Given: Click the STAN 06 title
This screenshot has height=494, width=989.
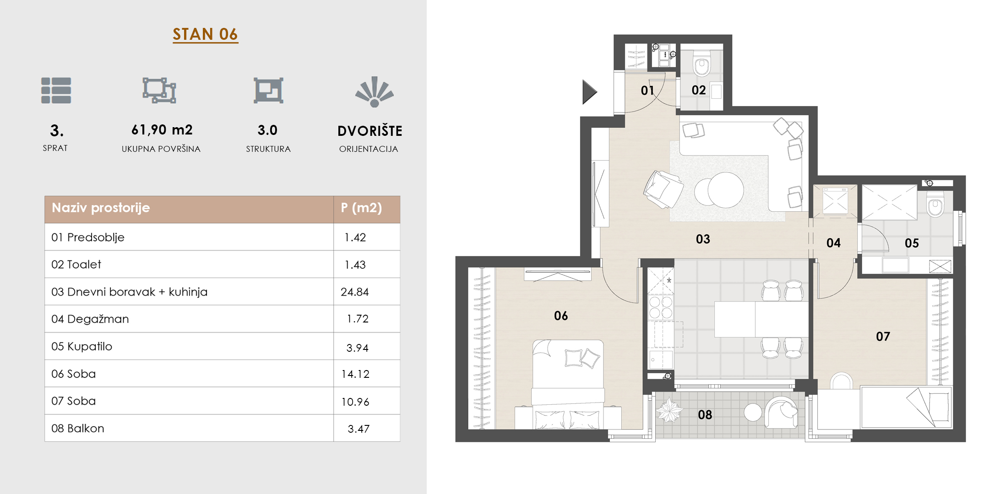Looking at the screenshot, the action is (x=205, y=34).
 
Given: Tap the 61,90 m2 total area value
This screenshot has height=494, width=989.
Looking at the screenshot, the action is (x=162, y=130).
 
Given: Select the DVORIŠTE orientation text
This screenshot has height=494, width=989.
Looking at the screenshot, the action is (x=370, y=131).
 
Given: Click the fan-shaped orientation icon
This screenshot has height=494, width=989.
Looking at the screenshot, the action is (x=375, y=91).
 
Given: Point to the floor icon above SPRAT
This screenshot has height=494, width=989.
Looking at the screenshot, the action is (x=56, y=91).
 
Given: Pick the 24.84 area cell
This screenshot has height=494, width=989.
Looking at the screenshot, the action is (x=354, y=292).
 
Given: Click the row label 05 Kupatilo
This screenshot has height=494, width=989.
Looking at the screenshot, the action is (x=82, y=346).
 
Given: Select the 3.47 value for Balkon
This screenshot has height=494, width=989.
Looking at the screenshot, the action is (x=359, y=429).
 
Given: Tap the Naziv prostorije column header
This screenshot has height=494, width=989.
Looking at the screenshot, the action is (x=101, y=208).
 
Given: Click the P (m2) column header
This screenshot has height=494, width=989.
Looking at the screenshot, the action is (x=361, y=208).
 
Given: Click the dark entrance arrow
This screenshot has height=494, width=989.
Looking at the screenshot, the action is (x=590, y=92).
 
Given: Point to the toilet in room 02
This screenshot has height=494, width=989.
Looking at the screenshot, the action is (x=701, y=63).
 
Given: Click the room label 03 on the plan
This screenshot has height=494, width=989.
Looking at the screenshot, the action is (x=703, y=239).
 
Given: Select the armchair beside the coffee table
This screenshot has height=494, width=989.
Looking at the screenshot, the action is (x=663, y=189).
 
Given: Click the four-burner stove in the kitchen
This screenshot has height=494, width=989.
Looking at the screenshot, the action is (x=661, y=307).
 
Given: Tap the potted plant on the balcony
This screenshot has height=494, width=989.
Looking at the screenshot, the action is (x=669, y=410).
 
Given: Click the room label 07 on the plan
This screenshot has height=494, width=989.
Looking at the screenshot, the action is (x=883, y=337).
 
